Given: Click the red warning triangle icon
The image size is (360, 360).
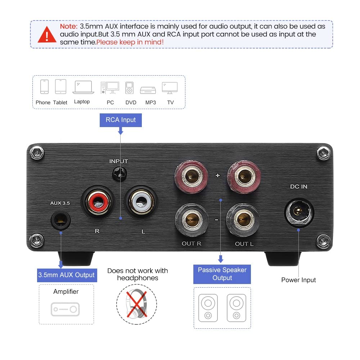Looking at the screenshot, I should pos(47,34).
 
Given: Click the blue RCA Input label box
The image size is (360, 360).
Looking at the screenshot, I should pos(121,120).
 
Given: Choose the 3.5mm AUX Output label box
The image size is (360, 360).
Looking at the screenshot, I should pos(67,275).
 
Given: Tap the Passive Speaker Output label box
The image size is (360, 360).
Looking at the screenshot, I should pos(222,274).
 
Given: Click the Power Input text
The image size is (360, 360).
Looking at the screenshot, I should pos(298,280).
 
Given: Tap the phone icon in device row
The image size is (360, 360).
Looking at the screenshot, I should pos(44,87).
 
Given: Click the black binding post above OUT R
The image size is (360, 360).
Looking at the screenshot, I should pos(191,219).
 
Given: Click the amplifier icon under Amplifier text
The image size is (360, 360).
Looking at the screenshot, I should pos(66,309).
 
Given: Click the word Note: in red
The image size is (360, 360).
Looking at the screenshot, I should pos(69,26).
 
